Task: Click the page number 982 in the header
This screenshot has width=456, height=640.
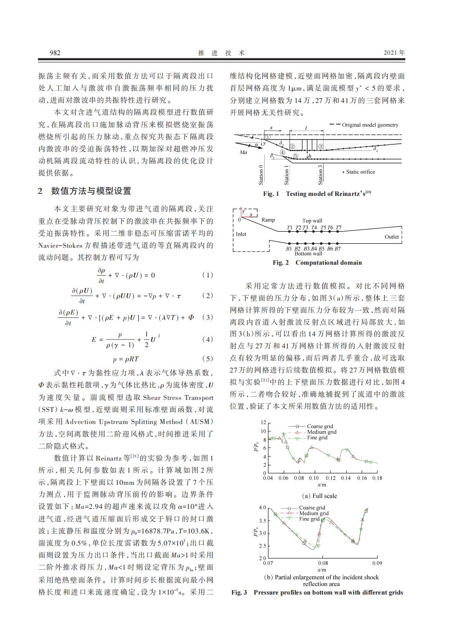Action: (55, 53)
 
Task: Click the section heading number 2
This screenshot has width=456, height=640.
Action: (40, 191)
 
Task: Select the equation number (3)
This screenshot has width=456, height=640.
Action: (207, 317)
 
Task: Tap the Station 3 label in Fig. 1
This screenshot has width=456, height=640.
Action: (320, 174)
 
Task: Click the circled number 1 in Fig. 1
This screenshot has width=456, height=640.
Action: (268, 137)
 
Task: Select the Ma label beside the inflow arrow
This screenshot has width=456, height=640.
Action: (243, 152)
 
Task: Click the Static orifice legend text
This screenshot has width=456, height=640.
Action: (360, 172)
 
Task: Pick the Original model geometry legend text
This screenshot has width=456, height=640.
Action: (370, 125)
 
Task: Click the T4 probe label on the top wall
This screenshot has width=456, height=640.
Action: (314, 228)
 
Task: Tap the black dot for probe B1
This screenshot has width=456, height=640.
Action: (289, 243)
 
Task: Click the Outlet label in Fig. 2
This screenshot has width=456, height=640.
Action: (392, 237)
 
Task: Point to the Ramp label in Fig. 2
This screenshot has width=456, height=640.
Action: (268, 220)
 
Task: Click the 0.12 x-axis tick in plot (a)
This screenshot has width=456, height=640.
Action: (331, 478)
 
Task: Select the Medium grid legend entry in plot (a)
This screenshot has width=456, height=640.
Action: (322, 432)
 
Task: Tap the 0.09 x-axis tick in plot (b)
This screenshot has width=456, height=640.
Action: (377, 563)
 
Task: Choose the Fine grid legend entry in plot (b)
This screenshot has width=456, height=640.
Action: (309, 519)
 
